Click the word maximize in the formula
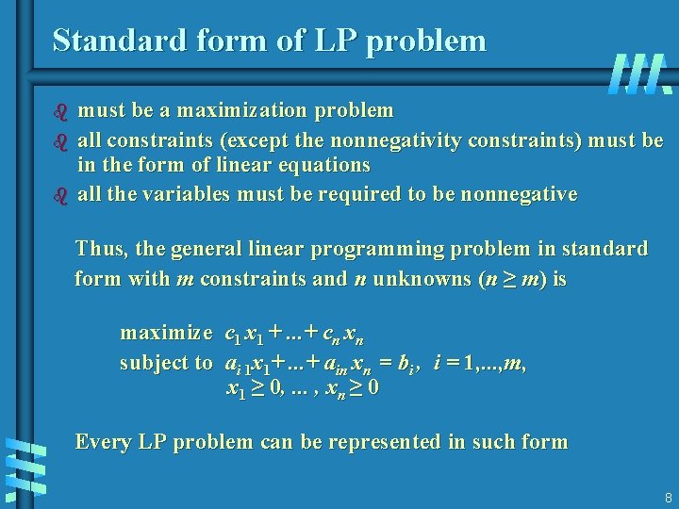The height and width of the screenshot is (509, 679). (166, 333)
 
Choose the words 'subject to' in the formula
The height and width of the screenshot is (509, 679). (166, 363)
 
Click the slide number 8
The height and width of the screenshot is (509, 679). (668, 498)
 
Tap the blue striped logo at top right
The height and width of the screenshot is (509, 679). (640, 74)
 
